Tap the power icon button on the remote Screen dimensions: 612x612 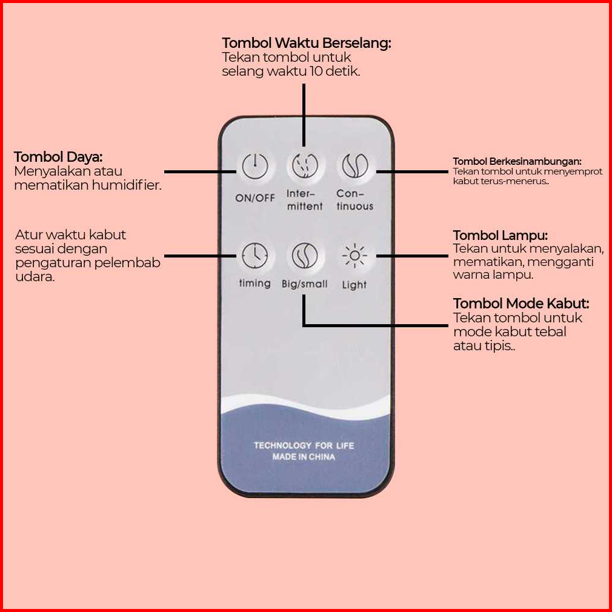coord(254,166)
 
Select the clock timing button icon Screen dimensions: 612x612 coord(254,256)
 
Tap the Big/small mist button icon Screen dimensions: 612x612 coord(305,256)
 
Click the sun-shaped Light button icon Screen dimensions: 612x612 coord(354,256)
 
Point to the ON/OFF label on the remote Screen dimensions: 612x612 coord(255,198)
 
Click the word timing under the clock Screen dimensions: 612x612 coord(254,283)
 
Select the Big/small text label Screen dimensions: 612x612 coord(304,284)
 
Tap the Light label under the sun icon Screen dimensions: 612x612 coord(354,285)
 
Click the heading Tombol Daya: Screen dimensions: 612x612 coord(58,157)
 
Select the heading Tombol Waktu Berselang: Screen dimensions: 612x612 coord(307,43)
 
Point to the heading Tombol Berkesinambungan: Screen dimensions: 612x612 coord(517,161)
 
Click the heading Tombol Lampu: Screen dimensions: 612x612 coord(501,235)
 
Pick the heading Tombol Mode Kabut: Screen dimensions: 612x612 coord(521,303)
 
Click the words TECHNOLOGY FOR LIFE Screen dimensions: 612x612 coord(304,445)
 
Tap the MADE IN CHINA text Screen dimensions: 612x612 coord(304,457)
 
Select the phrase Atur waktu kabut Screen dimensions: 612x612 coord(71,234)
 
